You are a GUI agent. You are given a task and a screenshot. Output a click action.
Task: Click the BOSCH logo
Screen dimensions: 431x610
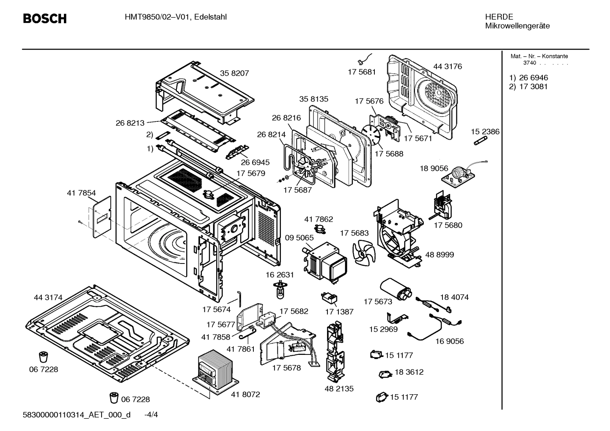[44, 19]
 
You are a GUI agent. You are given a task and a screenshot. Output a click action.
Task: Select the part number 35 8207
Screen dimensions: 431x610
[234, 73]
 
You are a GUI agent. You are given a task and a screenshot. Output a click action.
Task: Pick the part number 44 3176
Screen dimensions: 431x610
[447, 66]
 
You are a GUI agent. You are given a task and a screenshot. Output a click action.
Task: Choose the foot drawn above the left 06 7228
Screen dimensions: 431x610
[43, 356]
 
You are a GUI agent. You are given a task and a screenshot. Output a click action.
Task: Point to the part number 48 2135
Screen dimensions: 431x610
[339, 388]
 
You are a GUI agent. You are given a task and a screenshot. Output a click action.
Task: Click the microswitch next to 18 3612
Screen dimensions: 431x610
[385, 374]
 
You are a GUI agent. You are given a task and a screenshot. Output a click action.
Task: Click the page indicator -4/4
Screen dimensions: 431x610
[151, 415]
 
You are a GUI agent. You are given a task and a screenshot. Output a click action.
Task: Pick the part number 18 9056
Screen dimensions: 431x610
[434, 168]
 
